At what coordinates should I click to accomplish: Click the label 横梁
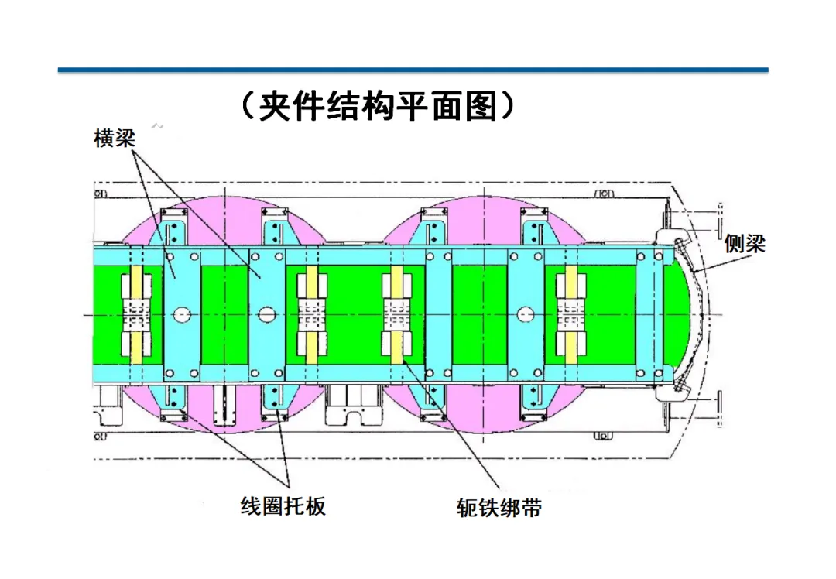tap(115, 139)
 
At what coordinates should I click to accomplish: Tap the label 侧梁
tap(745, 245)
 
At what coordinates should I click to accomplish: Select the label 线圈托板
tap(283, 506)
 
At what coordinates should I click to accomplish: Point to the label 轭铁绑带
tap(499, 509)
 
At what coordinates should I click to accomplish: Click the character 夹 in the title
tap(276, 106)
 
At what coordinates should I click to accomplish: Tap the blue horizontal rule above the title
tap(413, 70)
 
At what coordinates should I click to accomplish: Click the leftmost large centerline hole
tap(183, 314)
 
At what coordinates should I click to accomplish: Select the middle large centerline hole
tap(268, 314)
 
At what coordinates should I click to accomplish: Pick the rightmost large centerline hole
tap(526, 314)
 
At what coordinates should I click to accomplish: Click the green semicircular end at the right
tap(681, 314)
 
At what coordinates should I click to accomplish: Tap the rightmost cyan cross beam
tap(649, 314)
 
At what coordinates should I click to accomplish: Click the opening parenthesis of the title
tap(245, 106)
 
